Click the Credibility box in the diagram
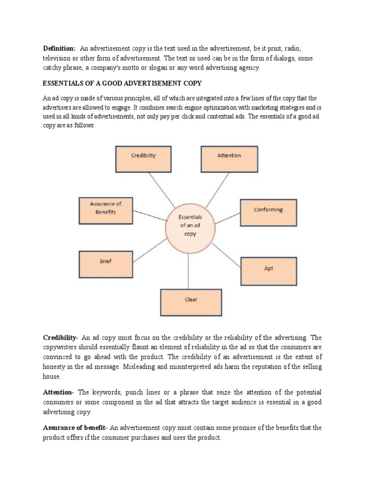coord(143,158)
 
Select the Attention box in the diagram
coord(229,158)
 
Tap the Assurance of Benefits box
coord(106,211)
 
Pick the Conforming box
coord(268,213)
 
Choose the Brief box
coord(106,264)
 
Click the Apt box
coord(269,271)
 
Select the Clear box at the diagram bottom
coord(191,302)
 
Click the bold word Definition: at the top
coord(59,49)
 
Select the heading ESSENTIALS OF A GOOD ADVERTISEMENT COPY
coord(122,83)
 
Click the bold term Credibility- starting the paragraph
coord(60,338)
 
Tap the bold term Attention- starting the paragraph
coord(58,392)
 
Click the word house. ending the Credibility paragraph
coord(52,376)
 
